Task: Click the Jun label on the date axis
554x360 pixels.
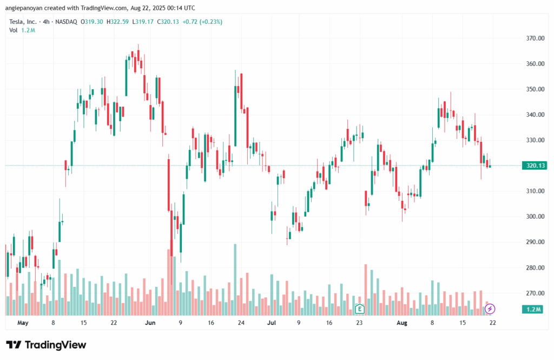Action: [150, 323]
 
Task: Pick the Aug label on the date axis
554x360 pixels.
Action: [401, 323]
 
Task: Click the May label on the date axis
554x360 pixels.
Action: [22, 323]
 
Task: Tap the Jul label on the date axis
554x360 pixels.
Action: [272, 323]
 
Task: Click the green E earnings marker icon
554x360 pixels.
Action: [359, 309]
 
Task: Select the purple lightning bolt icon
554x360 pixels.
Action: [490, 309]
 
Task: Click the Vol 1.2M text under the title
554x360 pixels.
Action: [22, 30]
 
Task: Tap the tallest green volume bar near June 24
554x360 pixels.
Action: [235, 279]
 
